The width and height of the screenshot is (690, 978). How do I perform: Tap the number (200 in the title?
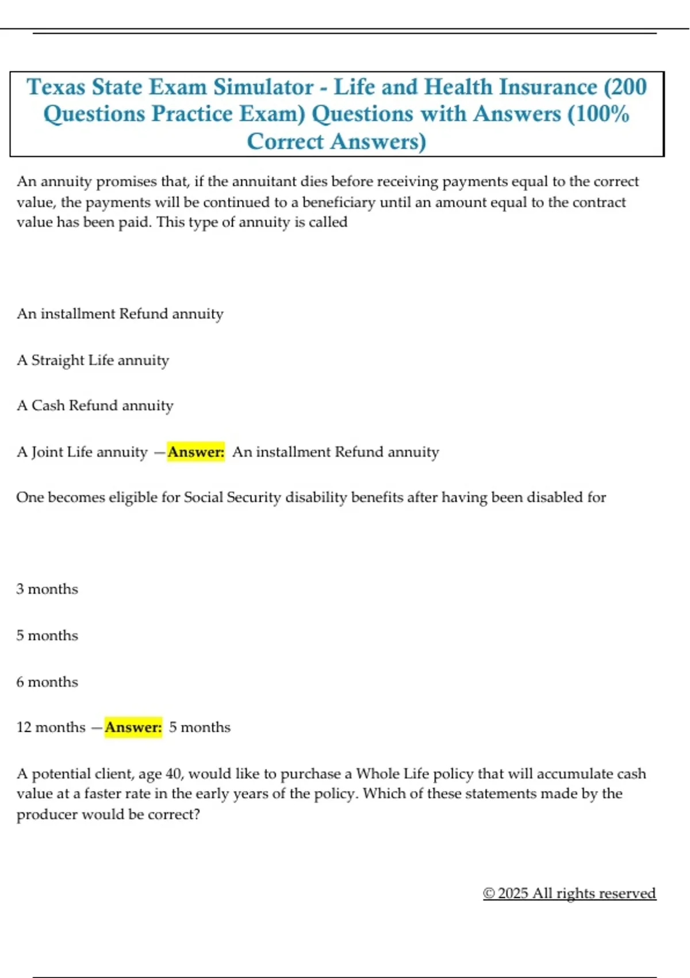pyautogui.click(x=625, y=87)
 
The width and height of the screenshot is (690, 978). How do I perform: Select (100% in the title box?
pyautogui.click(x=598, y=114)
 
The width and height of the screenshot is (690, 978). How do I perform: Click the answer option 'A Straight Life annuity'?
pyautogui.click(x=93, y=361)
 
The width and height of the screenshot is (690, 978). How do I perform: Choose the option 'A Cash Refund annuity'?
pyautogui.click(x=95, y=406)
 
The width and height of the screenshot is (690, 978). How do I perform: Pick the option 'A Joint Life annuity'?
pyautogui.click(x=82, y=452)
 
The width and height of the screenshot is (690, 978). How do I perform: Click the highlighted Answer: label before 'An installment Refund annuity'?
pyautogui.click(x=195, y=452)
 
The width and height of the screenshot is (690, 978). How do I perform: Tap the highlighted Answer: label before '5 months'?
pyautogui.click(x=133, y=728)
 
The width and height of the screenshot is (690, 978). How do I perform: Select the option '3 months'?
pyautogui.click(x=47, y=590)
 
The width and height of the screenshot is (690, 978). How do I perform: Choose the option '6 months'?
pyautogui.click(x=47, y=682)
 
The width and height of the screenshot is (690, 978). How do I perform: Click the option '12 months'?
pyautogui.click(x=51, y=728)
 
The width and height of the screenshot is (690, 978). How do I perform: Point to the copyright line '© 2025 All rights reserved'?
pyautogui.click(x=569, y=893)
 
